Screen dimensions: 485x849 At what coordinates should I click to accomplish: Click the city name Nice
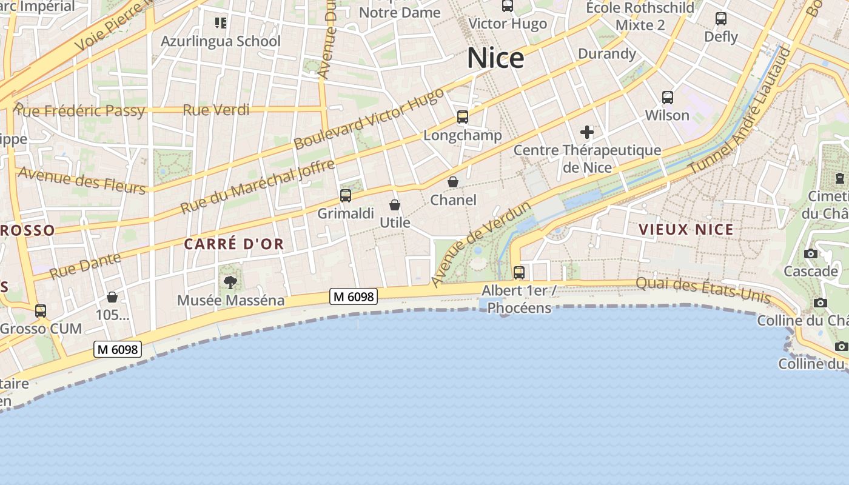coord(495,58)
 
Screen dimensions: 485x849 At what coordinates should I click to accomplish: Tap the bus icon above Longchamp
coord(463,117)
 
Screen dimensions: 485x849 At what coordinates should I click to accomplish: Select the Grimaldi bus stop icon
coord(346,195)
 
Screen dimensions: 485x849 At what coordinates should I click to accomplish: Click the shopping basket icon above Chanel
coord(453,182)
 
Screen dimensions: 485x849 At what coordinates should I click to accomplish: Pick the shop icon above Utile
coord(395,205)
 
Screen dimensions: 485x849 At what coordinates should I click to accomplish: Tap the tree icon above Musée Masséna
coord(230,281)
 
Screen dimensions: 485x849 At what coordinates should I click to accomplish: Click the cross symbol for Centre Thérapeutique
coord(587,132)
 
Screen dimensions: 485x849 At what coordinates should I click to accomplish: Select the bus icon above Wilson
coord(668,97)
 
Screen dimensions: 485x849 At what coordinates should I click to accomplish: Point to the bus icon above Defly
coord(721,19)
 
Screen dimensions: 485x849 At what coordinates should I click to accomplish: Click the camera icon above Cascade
coord(811,253)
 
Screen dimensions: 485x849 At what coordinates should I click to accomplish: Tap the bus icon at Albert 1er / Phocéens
coord(519,272)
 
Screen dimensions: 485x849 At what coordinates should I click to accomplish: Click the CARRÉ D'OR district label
coord(234,244)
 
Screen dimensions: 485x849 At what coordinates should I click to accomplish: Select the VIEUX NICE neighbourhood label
coord(686,230)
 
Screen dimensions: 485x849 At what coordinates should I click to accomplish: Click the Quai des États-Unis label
coord(703,290)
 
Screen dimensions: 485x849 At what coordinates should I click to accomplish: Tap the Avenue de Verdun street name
coord(482,244)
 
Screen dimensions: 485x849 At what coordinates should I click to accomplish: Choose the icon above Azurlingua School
coord(221,23)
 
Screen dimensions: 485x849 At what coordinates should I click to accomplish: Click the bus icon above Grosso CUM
coord(41,310)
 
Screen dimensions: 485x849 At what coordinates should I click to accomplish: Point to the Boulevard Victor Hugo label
coord(369,119)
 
